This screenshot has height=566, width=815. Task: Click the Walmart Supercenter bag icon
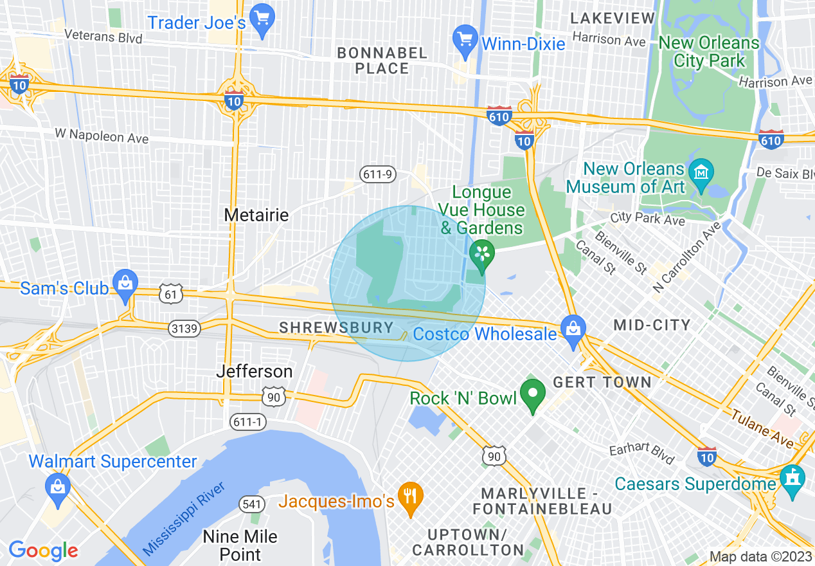(58, 486)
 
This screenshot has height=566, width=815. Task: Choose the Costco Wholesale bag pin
(573, 327)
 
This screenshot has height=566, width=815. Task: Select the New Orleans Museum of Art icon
(701, 173)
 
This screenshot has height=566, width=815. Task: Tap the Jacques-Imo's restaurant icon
(409, 495)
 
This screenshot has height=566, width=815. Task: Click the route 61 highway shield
(172, 294)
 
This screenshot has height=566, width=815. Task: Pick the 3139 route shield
(185, 329)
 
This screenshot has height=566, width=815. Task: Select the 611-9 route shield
(377, 174)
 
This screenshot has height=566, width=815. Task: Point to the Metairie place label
(256, 214)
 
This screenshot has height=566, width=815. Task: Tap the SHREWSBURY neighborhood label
(336, 327)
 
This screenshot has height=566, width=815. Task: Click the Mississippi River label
(184, 518)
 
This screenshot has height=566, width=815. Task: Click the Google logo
(44, 550)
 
